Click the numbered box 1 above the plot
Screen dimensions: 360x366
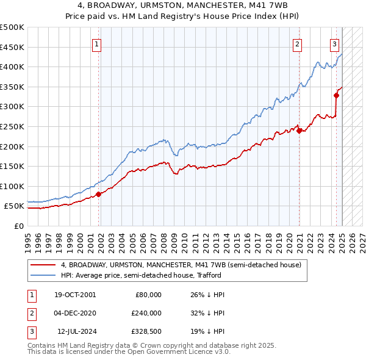click(x=98, y=43)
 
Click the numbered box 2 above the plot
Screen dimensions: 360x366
click(x=297, y=43)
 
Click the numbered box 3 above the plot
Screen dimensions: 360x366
click(x=335, y=43)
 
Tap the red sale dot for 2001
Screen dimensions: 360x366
click(x=98, y=194)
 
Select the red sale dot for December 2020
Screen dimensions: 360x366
click(x=300, y=130)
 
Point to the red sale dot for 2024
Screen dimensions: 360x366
click(x=336, y=95)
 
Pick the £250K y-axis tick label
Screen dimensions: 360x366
click(x=12, y=126)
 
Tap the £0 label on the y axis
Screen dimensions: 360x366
click(x=18, y=226)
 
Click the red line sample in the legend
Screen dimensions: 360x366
click(x=43, y=265)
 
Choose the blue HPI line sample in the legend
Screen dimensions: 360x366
click(x=43, y=275)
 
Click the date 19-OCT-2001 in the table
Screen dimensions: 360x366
click(x=75, y=295)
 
